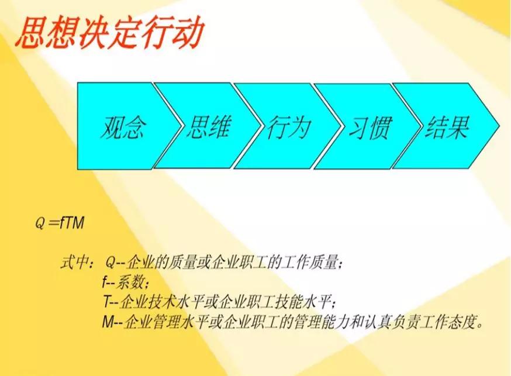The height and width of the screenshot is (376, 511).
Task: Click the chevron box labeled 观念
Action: tap(123, 126)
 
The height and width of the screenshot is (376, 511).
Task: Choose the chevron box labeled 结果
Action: tap(447, 126)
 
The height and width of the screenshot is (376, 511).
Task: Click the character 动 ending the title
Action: tap(189, 33)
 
